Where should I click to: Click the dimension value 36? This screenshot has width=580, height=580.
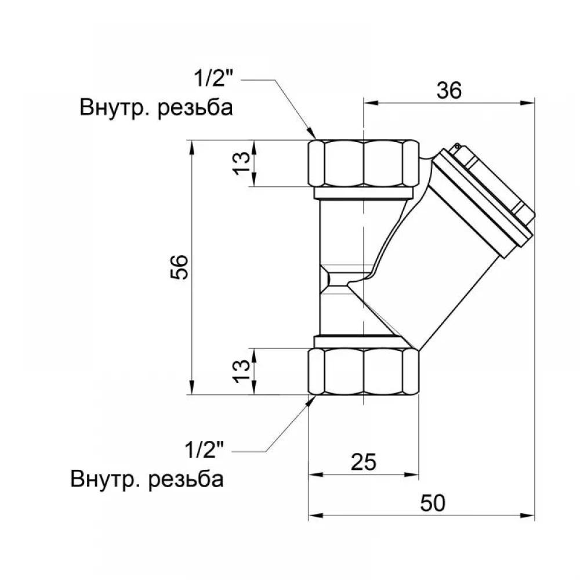tap(449, 90)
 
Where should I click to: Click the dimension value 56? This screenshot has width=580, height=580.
tap(179, 267)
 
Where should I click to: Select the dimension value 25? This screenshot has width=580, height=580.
tap(363, 462)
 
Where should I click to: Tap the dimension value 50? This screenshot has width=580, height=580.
tap(433, 503)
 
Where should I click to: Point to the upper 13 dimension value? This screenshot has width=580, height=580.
tap(241, 163)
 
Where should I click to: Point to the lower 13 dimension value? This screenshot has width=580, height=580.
tap(241, 371)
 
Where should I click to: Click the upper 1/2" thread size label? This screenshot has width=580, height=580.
tap(214, 78)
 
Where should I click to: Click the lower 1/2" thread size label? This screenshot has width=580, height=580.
tap(205, 449)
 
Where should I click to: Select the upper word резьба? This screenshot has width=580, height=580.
tap(195, 108)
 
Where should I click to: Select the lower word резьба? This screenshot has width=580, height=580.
tap(186, 480)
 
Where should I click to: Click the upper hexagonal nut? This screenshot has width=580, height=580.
tap(364, 163)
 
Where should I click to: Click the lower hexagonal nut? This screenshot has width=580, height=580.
tap(364, 372)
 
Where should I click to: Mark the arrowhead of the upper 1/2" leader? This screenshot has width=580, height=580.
tap(312, 134)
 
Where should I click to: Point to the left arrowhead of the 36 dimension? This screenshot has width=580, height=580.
tap(371, 103)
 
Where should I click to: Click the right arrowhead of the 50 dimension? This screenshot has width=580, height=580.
tap(527, 515)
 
